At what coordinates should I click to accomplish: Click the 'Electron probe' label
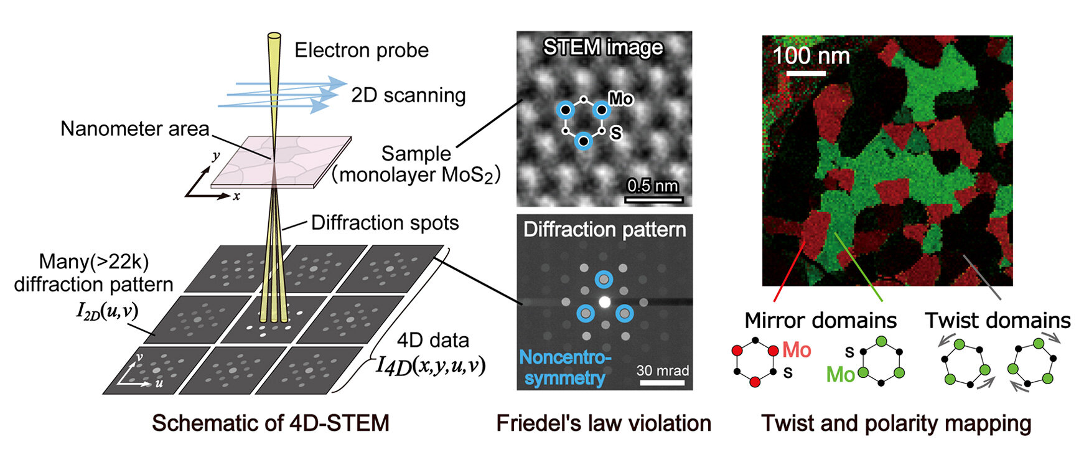pyautogui.click(x=362, y=50)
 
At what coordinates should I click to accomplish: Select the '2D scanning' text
pyautogui.click(x=408, y=95)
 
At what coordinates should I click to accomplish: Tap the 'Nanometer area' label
pyautogui.click(x=135, y=129)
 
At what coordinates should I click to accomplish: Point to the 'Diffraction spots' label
pyautogui.click(x=385, y=223)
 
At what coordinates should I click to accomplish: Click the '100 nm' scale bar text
pyautogui.click(x=811, y=56)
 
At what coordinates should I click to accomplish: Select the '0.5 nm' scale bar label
pyautogui.click(x=653, y=186)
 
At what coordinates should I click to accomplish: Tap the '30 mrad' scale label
pyautogui.click(x=663, y=371)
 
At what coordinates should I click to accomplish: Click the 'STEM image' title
pyautogui.click(x=603, y=48)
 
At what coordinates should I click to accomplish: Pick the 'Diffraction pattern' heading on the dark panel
pyautogui.click(x=604, y=230)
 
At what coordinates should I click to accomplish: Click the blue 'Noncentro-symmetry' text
pyautogui.click(x=565, y=367)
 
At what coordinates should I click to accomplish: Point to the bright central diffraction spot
pyautogui.click(x=604, y=302)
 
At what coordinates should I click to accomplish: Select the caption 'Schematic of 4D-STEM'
pyautogui.click(x=271, y=423)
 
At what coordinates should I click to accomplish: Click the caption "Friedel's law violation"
pyautogui.click(x=603, y=423)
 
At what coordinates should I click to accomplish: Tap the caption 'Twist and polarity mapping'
pyautogui.click(x=896, y=423)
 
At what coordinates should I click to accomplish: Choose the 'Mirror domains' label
pyautogui.click(x=820, y=321)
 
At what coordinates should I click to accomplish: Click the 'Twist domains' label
pyautogui.click(x=998, y=321)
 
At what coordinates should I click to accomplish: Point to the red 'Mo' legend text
pyautogui.click(x=797, y=350)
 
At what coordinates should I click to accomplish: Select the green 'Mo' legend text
pyautogui.click(x=840, y=375)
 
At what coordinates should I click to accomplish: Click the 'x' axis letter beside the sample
pyautogui.click(x=236, y=197)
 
